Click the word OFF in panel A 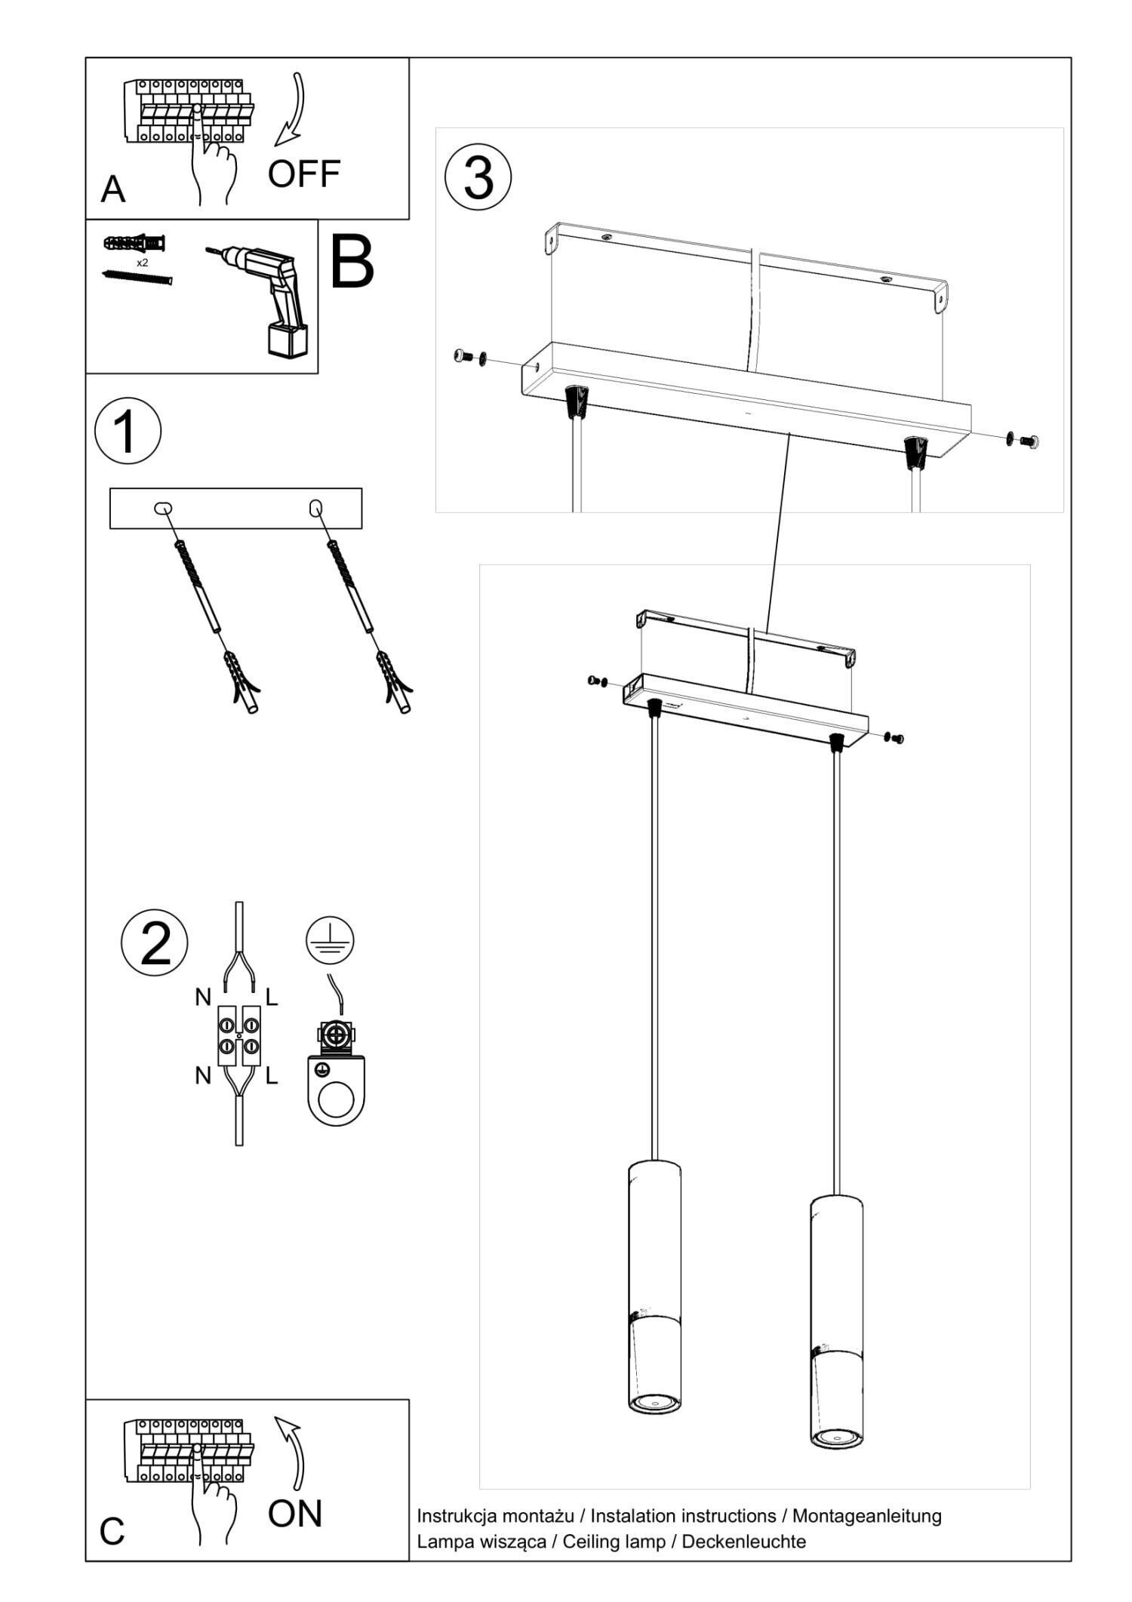[x=304, y=174]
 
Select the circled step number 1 [x=128, y=431]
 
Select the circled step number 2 [x=155, y=943]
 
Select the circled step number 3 [x=478, y=177]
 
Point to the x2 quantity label [x=142, y=263]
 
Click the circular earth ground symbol [x=330, y=941]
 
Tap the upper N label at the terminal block [x=203, y=998]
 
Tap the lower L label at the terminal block [x=272, y=1075]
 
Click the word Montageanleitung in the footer [x=866, y=1515]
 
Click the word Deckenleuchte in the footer [x=743, y=1541]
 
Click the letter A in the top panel [x=113, y=189]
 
